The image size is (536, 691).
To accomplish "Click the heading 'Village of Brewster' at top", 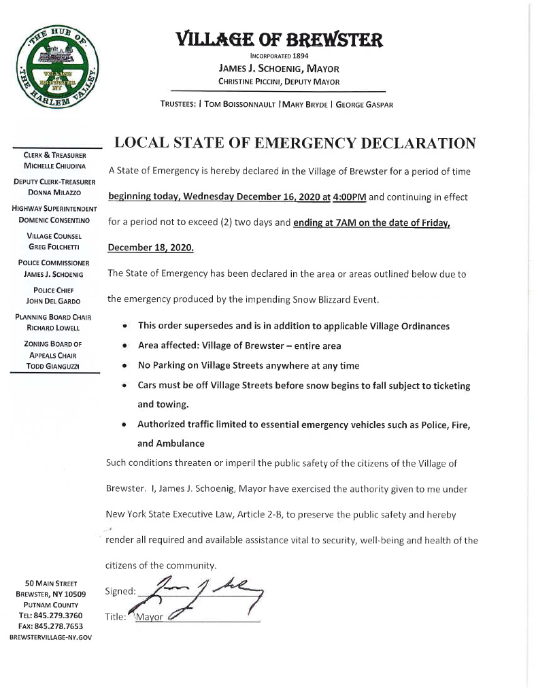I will (x=278, y=39).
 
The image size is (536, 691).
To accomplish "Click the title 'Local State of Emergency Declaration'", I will (x=295, y=143).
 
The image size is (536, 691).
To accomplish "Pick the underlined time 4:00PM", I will (x=349, y=197).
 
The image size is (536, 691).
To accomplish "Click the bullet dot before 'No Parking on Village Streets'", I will (x=127, y=365).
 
